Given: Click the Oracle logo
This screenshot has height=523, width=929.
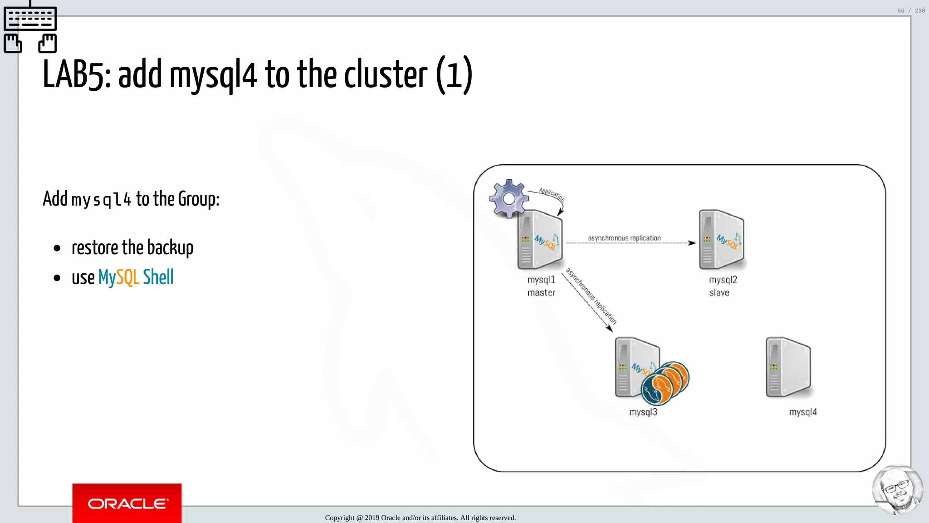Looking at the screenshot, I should point(127,503).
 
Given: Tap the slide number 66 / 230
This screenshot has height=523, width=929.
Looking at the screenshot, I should point(911,10).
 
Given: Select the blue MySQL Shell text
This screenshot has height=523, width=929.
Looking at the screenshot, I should point(136,277).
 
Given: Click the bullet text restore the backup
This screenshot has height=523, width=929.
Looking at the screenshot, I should point(132,248).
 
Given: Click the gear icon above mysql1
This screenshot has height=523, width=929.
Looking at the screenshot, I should point(509,198).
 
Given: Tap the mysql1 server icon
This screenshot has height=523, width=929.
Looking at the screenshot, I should point(540,240).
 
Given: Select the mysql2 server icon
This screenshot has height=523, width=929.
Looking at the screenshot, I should point(721,240).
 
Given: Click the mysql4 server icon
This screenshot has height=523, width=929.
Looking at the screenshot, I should point(788,367).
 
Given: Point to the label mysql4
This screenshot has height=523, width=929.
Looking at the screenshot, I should point(802,412).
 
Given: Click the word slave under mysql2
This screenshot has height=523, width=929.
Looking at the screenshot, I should point(719,293).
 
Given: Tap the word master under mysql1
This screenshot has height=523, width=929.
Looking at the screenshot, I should point(541,293).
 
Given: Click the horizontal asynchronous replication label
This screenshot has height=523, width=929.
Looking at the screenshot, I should point(624,238).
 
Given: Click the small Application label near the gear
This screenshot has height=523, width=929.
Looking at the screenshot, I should point(552,194).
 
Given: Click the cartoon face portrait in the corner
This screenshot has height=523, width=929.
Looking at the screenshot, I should point(897,490).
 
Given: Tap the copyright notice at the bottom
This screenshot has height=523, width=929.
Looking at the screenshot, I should point(420,518).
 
